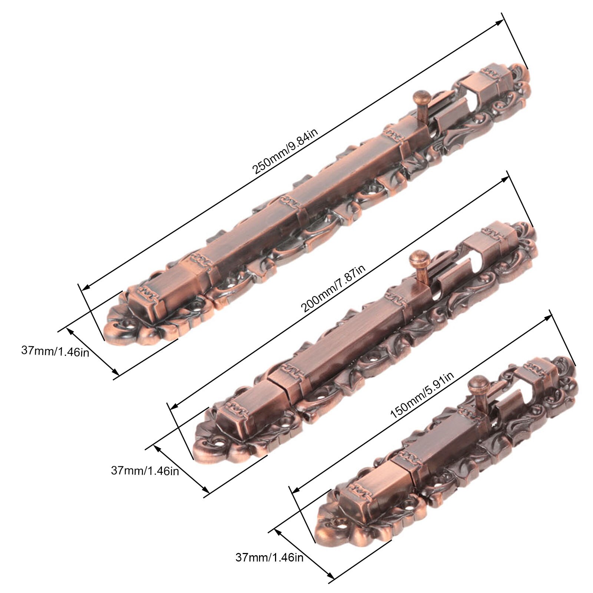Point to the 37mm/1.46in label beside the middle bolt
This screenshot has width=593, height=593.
click(145, 471)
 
